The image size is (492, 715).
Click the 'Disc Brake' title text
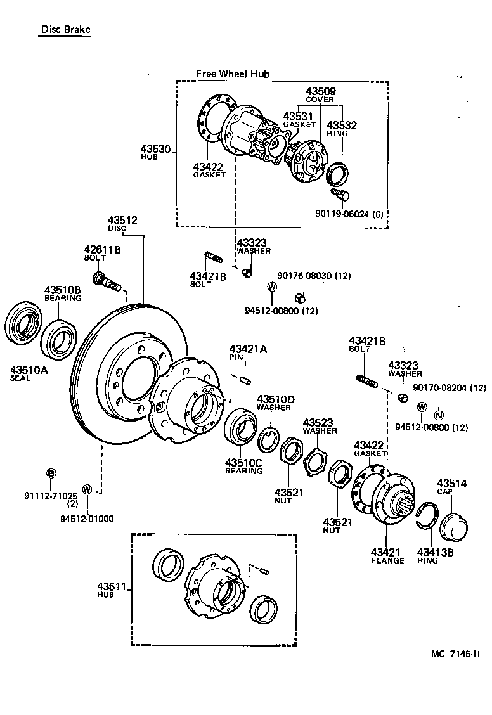click(x=65, y=29)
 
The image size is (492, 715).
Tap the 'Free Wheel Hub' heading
click(x=232, y=74)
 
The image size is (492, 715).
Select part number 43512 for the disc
click(x=122, y=221)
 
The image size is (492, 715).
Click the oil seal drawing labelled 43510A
click(x=23, y=326)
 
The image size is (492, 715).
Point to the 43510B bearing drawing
click(x=59, y=340)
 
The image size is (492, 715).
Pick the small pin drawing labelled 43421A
click(x=247, y=379)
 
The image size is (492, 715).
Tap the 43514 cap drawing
click(x=451, y=524)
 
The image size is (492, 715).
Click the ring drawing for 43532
click(x=336, y=171)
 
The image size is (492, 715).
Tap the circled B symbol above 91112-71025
click(x=51, y=473)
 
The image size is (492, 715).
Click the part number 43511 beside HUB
click(x=112, y=586)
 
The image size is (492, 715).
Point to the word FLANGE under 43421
click(x=387, y=560)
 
